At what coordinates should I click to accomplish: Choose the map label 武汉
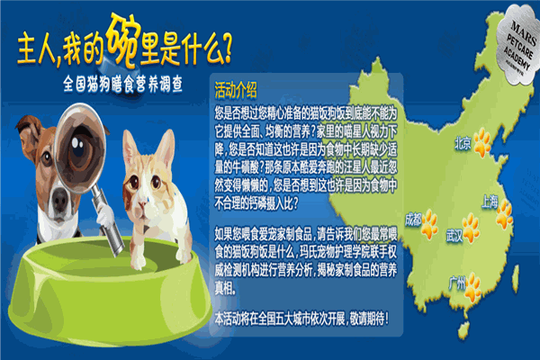(x=454, y=235)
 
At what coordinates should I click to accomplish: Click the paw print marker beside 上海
(x=505, y=213)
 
